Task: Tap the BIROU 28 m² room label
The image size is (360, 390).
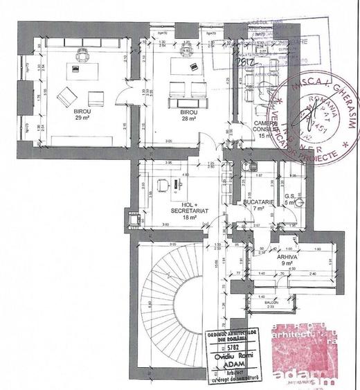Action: pos(187,115)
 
